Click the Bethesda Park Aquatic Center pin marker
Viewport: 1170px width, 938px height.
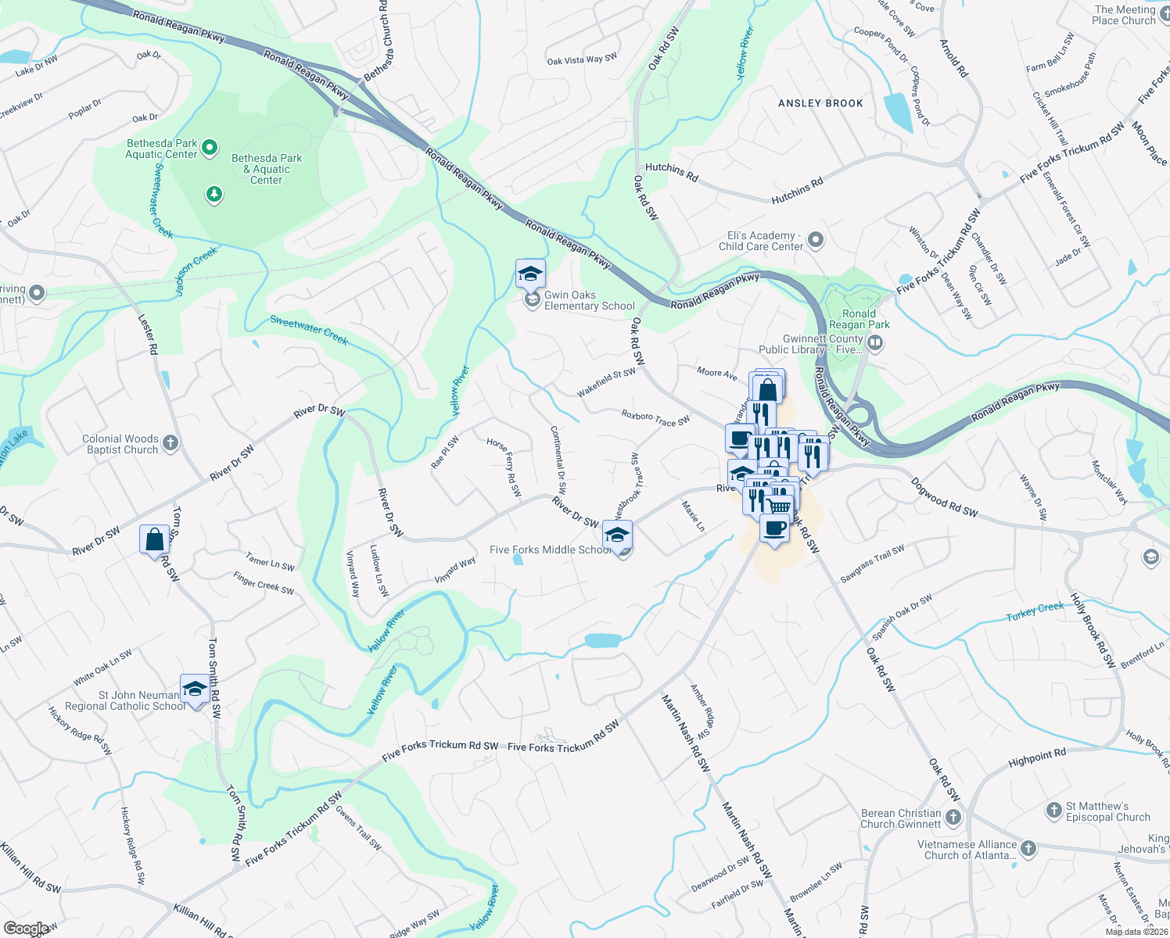coord(210,147)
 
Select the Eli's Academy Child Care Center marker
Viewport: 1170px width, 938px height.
coord(816,239)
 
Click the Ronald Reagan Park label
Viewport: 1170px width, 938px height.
coord(859,319)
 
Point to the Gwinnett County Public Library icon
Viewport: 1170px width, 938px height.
coord(876,342)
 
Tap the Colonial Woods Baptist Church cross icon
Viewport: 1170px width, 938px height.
coord(171,443)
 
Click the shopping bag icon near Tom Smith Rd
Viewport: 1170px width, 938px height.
coord(155,539)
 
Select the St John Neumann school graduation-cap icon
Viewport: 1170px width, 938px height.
coord(194,689)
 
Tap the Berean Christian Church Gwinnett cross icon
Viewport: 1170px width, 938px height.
coord(953,818)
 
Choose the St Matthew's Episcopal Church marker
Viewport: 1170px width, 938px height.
coord(1054,811)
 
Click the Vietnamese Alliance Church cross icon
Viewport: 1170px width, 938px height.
coord(1028,848)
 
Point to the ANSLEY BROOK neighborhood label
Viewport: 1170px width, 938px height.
coord(820,103)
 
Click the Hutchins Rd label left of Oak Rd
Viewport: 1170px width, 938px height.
coord(671,172)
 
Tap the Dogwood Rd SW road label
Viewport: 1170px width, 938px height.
coord(944,497)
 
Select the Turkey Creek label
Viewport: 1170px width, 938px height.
coord(1035,611)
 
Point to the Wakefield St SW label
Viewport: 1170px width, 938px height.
coord(606,383)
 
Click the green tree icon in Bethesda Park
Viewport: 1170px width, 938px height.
coord(214,193)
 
